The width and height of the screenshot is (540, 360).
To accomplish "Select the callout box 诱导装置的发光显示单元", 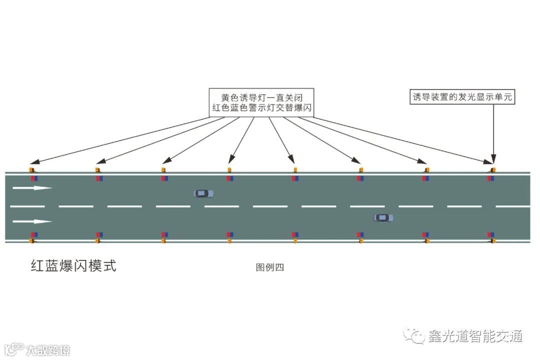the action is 462,97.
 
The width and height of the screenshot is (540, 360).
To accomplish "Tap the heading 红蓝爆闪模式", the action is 73,266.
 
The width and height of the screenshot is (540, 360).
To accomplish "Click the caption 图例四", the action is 269,267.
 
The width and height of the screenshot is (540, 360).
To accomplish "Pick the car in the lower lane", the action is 383,217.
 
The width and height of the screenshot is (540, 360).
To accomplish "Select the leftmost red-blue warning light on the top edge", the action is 34,178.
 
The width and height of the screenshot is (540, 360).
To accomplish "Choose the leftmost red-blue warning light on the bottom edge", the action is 34,234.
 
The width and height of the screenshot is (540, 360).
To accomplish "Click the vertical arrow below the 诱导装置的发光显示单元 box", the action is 493,132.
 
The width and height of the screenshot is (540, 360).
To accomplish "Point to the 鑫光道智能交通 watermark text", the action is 475,336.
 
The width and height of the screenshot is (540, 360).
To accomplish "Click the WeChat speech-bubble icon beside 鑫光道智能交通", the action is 414,335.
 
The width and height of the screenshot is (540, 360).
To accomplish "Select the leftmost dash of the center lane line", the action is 27,206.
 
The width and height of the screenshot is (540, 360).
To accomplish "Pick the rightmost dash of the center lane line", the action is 512,206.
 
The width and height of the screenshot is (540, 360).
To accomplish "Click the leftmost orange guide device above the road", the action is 32,169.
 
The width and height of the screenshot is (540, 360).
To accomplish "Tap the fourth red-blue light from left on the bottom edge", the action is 229,234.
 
